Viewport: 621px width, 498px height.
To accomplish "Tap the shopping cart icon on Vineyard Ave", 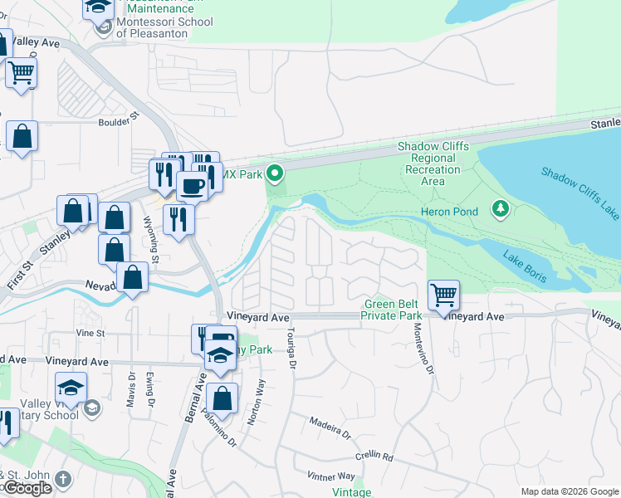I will click(x=444, y=294).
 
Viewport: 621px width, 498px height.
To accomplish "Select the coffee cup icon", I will click(x=192, y=187).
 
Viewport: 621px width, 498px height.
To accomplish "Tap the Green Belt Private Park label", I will click(x=393, y=310).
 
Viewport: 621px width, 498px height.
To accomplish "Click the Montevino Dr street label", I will click(x=430, y=353).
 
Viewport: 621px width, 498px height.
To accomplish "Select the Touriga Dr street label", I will click(x=291, y=344).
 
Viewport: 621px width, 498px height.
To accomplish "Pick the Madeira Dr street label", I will click(x=330, y=428).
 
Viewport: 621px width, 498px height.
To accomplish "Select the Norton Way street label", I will click(x=261, y=402).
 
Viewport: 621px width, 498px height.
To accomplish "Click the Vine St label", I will click(x=89, y=333).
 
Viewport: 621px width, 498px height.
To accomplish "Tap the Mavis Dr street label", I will click(x=132, y=388).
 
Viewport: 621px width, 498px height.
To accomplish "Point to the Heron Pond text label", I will click(x=453, y=212).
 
